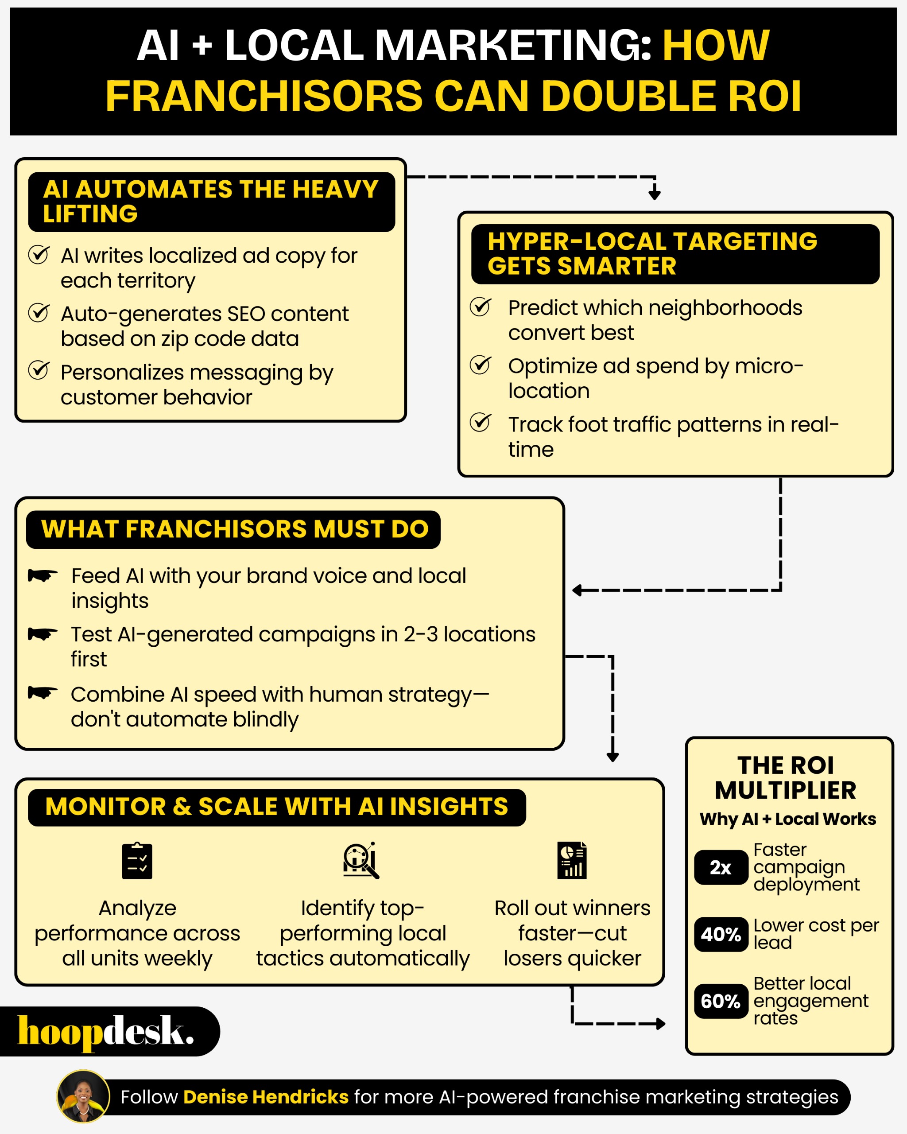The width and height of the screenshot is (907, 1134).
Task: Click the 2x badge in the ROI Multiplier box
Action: (x=721, y=867)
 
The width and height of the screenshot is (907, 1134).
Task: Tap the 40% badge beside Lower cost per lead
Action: (x=721, y=934)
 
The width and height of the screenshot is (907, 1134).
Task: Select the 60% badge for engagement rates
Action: (x=721, y=1001)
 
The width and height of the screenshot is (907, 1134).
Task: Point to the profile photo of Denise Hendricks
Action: (x=83, y=1096)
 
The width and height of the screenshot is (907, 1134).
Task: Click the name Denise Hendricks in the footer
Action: (x=266, y=1097)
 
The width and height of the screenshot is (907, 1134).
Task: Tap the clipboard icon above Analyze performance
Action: (x=137, y=861)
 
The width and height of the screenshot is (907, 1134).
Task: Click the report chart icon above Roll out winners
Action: (x=572, y=861)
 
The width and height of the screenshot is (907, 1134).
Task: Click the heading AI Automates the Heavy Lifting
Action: (x=211, y=202)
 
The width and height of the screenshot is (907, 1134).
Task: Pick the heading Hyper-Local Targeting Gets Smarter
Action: (x=652, y=253)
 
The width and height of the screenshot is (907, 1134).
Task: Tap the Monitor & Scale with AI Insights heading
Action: (x=276, y=807)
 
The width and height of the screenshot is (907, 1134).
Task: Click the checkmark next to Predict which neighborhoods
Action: (x=481, y=307)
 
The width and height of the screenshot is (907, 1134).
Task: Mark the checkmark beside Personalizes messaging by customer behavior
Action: (x=39, y=370)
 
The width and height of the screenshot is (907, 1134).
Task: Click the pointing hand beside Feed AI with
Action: (x=43, y=575)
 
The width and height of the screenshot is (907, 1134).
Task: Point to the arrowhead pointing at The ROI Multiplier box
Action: (x=661, y=1024)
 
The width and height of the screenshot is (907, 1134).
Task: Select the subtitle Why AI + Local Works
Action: (x=787, y=819)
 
